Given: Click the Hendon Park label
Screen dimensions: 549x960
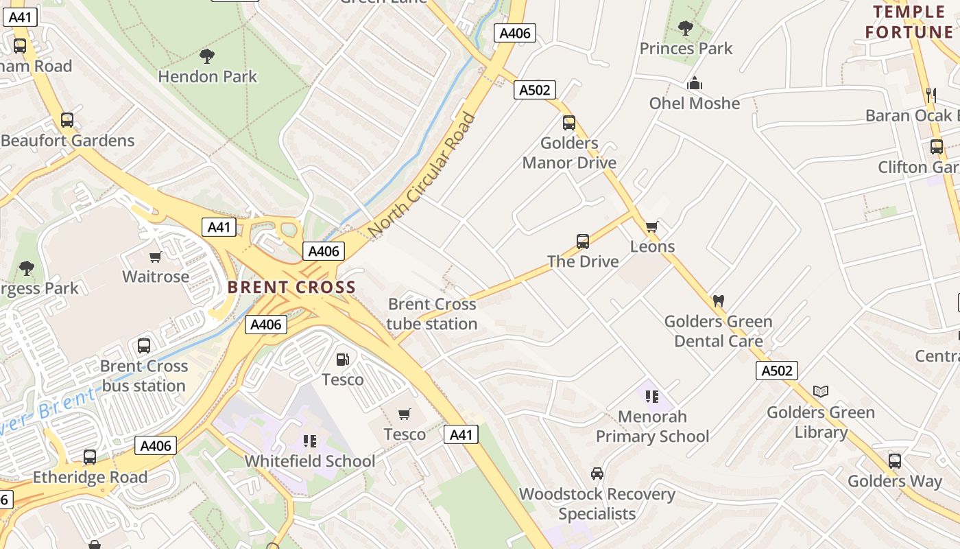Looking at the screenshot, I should click(207, 76).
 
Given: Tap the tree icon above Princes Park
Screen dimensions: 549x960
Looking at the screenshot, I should click(685, 28).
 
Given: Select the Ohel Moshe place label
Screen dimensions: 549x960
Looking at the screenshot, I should click(695, 103).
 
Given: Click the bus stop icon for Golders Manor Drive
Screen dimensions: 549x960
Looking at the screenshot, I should click(569, 123).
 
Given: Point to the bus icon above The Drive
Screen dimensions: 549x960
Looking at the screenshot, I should click(583, 241).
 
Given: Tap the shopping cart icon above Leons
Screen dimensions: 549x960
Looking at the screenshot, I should click(651, 226).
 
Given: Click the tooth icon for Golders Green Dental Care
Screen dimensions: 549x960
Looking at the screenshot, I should click(719, 300).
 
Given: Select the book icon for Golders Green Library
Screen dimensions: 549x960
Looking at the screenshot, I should click(821, 391).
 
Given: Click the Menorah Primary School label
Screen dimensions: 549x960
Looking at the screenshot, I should click(652, 426).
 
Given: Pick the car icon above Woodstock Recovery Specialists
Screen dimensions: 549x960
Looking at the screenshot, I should click(597, 474).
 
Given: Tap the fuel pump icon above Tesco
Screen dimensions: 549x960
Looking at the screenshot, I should click(342, 359).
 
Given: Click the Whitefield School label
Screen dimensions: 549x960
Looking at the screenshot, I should click(310, 460).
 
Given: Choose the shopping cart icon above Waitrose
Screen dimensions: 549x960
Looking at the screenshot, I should click(156, 257).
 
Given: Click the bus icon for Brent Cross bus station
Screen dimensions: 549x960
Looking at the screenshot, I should click(144, 345).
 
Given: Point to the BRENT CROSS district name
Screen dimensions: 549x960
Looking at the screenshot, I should click(292, 287).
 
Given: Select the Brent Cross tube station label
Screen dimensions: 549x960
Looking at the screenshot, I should click(432, 314).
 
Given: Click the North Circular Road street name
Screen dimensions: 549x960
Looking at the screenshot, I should click(422, 175).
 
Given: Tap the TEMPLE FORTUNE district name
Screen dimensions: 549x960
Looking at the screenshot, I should click(909, 22).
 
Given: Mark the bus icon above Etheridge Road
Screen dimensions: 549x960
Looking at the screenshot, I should click(90, 456).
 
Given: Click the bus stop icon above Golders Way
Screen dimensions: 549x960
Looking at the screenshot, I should click(895, 460).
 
